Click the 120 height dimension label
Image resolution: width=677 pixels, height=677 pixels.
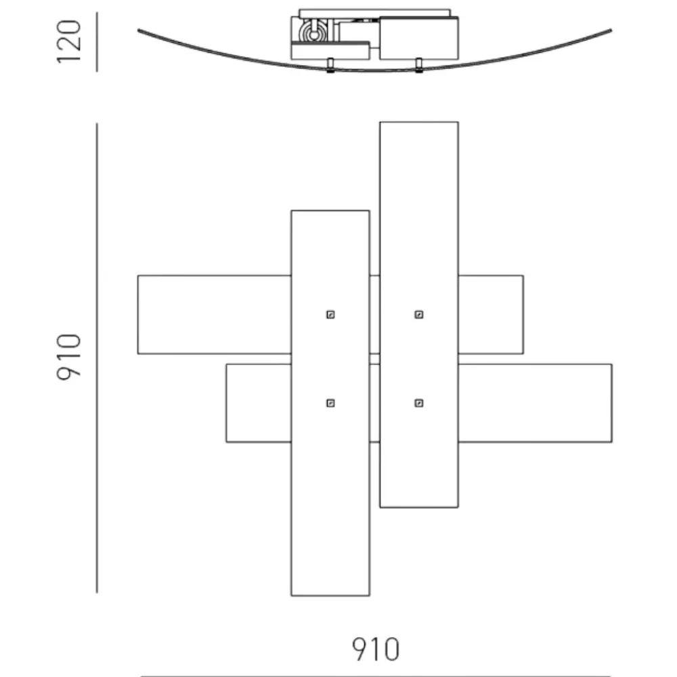[x=69, y=42]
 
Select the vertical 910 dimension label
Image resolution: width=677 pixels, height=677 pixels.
[x=69, y=357]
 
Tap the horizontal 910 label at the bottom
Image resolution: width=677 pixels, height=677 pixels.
[x=376, y=649]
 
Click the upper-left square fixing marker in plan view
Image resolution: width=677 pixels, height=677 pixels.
[x=330, y=314]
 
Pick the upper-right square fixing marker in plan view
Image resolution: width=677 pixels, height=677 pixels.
[x=419, y=314]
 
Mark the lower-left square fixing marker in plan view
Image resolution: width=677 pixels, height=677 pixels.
[x=330, y=403]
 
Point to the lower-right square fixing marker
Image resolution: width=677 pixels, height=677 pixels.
[x=419, y=403]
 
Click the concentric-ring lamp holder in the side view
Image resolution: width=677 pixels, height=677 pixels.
[x=314, y=32]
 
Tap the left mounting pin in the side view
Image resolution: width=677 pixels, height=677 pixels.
[x=330, y=65]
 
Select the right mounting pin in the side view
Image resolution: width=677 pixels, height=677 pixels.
[x=418, y=65]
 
